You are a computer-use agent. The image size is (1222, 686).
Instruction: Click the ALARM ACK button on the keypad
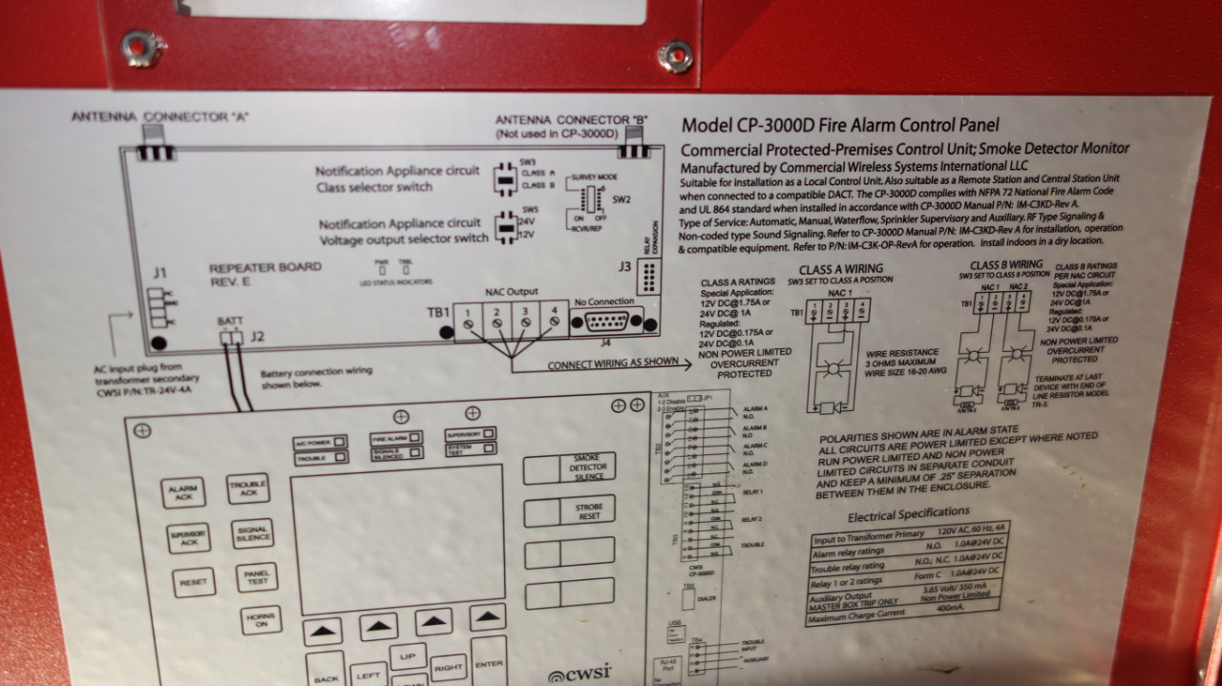point(182,492)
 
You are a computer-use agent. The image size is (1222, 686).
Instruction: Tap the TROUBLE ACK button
point(247,488)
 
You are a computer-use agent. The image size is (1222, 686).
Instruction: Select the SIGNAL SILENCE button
point(252,533)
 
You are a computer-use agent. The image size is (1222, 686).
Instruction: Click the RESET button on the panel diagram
point(193,581)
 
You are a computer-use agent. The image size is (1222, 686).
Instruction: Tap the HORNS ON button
point(260,621)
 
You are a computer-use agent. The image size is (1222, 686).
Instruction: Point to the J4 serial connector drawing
point(606,322)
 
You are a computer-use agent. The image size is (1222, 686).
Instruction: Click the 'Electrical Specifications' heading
point(909,516)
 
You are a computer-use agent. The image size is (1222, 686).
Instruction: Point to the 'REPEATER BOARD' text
point(252,268)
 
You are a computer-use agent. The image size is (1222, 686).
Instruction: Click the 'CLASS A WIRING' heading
point(840,269)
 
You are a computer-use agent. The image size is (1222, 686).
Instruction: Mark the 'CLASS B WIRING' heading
point(1006,264)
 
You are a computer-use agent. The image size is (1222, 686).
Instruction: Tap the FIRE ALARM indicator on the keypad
point(395,438)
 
